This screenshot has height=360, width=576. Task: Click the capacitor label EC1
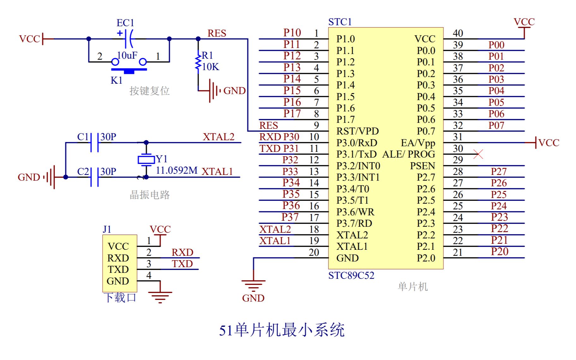125,23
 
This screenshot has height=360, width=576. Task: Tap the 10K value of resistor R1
211,67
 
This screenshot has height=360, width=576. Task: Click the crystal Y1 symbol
146,159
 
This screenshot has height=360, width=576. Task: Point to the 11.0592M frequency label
177,171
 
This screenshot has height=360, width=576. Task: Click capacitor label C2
83,171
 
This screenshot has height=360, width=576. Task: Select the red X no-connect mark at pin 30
478,154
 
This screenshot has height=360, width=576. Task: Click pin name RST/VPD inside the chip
357,131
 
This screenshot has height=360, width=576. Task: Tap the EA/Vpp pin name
418,143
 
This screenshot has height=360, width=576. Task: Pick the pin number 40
458,33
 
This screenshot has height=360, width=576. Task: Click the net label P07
496,125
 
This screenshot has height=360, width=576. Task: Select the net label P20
500,252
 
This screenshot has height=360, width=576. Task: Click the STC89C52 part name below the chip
351,276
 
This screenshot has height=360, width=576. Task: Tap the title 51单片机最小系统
281,330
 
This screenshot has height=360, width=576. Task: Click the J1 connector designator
107,229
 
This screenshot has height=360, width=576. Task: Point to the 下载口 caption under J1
120,298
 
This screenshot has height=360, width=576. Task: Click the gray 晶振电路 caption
150,195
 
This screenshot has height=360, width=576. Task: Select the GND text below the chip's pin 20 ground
253,298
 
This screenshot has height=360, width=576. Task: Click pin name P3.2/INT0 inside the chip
358,166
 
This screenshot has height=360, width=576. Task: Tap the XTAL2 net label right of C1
219,137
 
